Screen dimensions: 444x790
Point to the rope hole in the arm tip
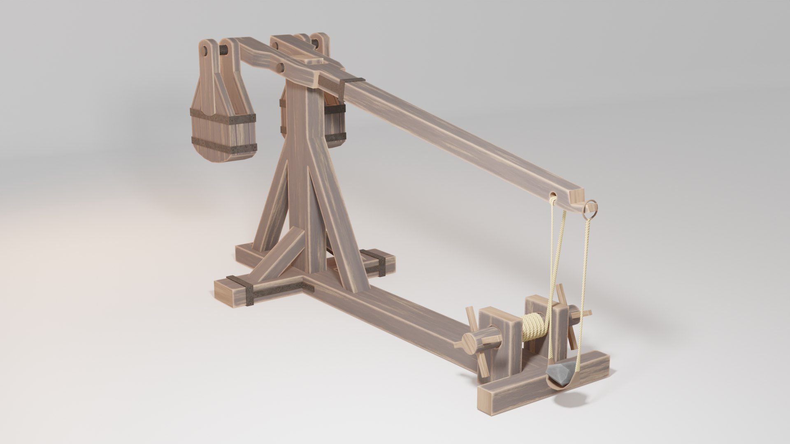pyautogui.click(x=553, y=194)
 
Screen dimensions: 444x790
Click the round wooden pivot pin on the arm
pyautogui.click(x=280, y=67)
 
